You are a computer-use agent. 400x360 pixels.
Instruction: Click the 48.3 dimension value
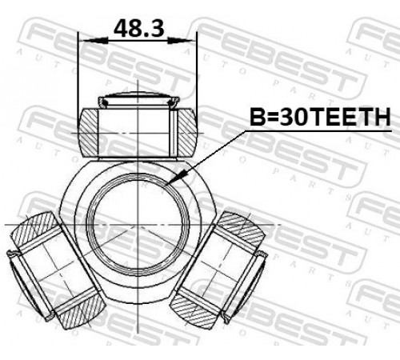pyautogui.click(x=138, y=28)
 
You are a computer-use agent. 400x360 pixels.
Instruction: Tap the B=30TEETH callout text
pyautogui.click(x=320, y=117)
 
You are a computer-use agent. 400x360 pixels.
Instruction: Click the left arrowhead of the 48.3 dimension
pyautogui.click(x=95, y=41)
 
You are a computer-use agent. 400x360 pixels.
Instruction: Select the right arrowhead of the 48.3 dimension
pyautogui.click(x=181, y=41)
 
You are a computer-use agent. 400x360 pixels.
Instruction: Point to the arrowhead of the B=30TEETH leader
pyautogui.click(x=174, y=178)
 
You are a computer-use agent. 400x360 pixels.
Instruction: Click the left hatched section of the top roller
pyautogui.click(x=89, y=132)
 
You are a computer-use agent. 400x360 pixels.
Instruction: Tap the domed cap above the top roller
pyautogui.click(x=138, y=99)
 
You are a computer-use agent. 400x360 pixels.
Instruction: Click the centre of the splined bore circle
pyautogui.click(x=138, y=225)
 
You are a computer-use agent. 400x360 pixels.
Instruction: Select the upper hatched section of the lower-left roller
pyautogui.click(x=35, y=230)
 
